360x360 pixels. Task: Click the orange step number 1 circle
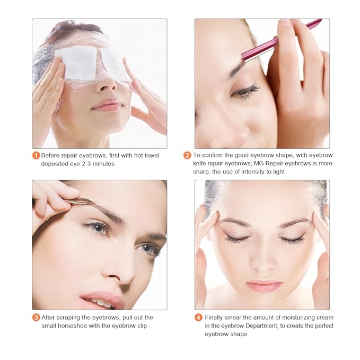pos(36,155)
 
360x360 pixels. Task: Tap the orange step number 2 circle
pos(187,155)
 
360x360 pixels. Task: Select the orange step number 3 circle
pos(36,318)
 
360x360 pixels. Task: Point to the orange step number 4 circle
pos(199,318)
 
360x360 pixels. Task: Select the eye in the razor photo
pos(245,91)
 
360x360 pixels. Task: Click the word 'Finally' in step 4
pos(216,318)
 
